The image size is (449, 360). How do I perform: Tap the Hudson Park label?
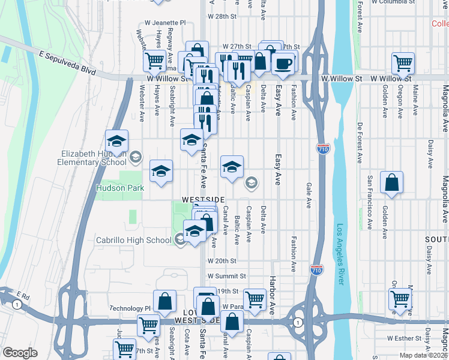click(120, 188)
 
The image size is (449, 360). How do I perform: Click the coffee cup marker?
click(283, 62)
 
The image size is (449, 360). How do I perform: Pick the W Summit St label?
click(227, 276)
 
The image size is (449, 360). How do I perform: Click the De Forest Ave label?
click(360, 143)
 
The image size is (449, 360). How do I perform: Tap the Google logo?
click(20, 353)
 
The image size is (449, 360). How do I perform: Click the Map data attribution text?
click(423, 355)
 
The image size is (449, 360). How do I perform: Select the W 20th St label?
click(223, 261)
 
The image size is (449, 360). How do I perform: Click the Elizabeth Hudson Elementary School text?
click(93, 157)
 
